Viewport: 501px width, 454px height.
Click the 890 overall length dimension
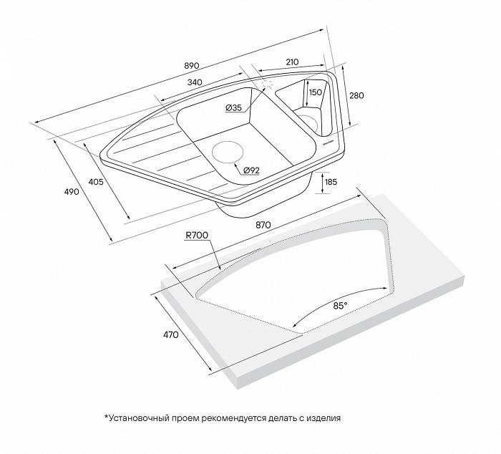click(x=192, y=66)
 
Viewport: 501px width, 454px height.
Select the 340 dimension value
click(x=195, y=82)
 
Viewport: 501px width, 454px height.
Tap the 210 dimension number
click(x=292, y=62)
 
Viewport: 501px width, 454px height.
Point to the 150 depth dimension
click(x=316, y=92)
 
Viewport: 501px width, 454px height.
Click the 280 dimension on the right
click(x=356, y=95)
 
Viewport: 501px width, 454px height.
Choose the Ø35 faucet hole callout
click(x=233, y=108)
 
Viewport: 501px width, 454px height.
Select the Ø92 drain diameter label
click(x=251, y=170)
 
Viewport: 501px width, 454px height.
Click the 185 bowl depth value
click(x=331, y=182)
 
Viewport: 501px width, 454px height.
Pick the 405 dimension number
click(x=96, y=182)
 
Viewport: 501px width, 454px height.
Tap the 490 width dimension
click(x=72, y=192)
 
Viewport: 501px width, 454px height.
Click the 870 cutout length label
click(x=263, y=225)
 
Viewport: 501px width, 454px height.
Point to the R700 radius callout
click(x=197, y=236)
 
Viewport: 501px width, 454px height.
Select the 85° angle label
click(x=340, y=306)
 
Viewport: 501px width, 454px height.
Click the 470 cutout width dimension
click(x=171, y=334)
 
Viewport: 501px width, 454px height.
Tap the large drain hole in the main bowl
click(x=228, y=151)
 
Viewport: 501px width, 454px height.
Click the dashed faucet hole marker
click(x=267, y=84)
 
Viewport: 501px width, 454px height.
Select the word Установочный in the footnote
click(x=139, y=418)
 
